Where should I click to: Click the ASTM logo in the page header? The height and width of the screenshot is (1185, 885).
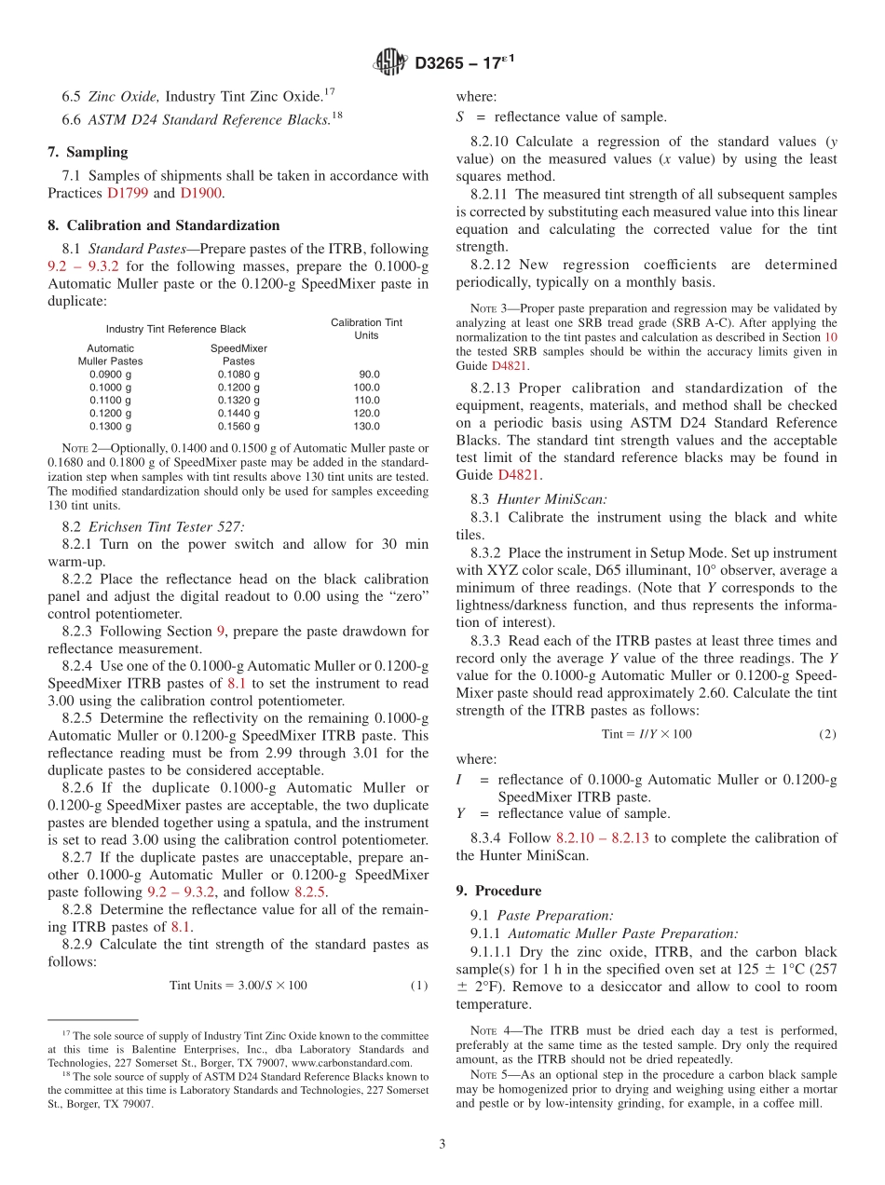390,62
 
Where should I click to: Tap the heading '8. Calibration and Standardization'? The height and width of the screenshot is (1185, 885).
163,225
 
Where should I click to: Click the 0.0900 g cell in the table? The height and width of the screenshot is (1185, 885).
110,374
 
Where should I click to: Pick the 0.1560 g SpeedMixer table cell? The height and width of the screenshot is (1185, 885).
238,426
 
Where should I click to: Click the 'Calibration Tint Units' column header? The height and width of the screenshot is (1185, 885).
366,328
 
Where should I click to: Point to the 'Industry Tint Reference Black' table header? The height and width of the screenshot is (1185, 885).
175,329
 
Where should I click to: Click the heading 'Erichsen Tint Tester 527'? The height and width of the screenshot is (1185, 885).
166,526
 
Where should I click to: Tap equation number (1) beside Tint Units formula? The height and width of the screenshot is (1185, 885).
419,985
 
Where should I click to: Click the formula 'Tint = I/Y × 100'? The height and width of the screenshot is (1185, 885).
647,734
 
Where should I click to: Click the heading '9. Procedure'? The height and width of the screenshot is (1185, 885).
498,891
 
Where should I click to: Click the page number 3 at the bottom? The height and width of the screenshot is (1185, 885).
442,1144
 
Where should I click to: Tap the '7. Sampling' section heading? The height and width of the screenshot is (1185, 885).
88,152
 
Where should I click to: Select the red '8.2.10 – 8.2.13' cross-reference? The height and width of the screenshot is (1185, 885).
603,838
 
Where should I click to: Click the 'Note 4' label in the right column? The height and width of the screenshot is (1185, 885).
488,1030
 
